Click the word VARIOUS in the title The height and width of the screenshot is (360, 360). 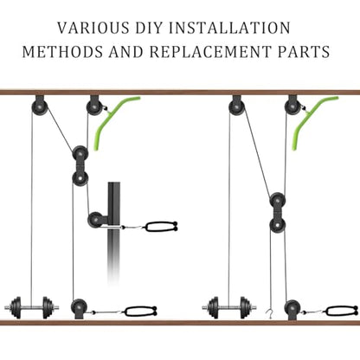[x=93, y=28]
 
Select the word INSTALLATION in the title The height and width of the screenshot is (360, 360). [x=228, y=28]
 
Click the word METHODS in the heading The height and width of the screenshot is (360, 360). [x=62, y=52]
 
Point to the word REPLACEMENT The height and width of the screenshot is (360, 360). [x=210, y=52]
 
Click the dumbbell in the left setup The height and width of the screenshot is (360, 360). [x=32, y=308]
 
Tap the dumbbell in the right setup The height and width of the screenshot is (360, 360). [x=229, y=308]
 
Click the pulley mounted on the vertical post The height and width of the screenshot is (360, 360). [x=95, y=220]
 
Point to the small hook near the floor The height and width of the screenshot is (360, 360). [x=269, y=313]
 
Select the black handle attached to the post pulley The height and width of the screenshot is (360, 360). [x=161, y=227]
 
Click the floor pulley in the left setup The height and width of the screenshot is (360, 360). [x=79, y=307]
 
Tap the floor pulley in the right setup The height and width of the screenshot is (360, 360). [x=292, y=308]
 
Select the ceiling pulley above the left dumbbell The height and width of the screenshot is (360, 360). [x=40, y=106]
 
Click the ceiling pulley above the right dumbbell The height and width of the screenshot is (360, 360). [x=237, y=106]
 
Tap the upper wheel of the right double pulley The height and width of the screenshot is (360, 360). [x=278, y=201]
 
